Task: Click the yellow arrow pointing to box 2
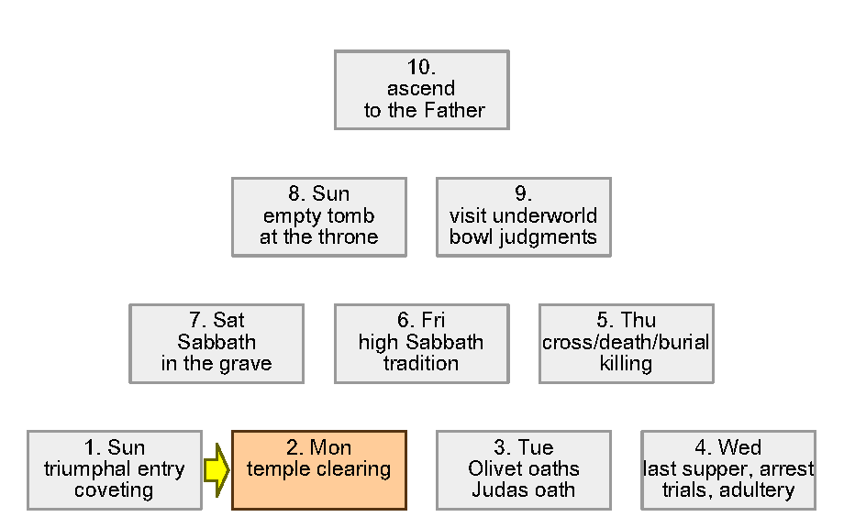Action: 216,469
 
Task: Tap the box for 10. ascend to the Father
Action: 421,89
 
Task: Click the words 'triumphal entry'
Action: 115,469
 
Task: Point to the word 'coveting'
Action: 115,490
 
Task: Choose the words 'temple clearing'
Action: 318,469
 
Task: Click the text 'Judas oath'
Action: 523,490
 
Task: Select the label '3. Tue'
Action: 523,447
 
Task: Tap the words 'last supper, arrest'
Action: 728,469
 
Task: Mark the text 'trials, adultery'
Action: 728,490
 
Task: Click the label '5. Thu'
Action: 626,321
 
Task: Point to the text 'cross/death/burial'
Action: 626,343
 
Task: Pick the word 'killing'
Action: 626,364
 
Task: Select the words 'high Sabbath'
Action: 421,343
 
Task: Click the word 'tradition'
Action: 421,364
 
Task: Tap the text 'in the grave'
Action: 217,364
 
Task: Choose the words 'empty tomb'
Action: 318,216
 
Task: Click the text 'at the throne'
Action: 318,237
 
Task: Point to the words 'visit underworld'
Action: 523,216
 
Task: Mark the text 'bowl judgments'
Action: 523,237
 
